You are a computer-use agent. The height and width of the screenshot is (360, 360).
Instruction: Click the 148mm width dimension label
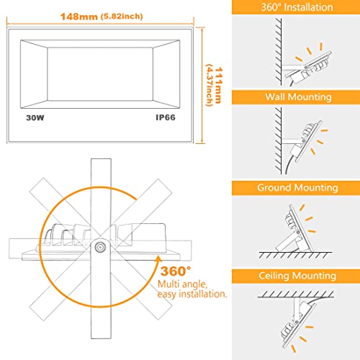coord(79,17)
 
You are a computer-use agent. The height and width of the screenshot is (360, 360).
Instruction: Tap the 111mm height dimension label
coord(218,85)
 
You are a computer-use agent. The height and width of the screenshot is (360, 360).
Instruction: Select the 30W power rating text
coord(35,117)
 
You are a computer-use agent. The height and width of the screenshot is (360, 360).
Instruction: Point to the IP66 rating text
coord(166,117)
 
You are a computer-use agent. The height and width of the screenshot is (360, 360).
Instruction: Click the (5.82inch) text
coord(122,17)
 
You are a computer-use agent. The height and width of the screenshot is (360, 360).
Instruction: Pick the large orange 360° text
coord(176,271)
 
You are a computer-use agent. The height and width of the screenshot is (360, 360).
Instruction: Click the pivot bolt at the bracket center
coord(99,247)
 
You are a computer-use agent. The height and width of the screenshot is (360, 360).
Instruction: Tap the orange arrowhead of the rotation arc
coord(158,259)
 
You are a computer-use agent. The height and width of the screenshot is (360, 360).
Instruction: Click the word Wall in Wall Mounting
coord(276,97)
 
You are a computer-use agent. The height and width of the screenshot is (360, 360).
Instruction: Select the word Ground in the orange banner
coord(273,188)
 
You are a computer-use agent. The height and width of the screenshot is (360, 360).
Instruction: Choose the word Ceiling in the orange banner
coord(274,276)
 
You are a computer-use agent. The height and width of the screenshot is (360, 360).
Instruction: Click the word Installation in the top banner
coord(308,7)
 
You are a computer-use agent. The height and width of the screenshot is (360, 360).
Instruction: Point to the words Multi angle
coord(182,284)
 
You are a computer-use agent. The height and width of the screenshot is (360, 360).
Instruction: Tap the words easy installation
coord(192,294)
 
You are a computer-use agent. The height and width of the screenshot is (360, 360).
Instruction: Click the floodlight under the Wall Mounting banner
coord(304,142)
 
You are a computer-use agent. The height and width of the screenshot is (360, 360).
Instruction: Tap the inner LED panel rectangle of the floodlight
coord(100,74)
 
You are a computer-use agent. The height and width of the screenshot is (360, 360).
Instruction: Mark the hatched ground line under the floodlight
coord(295,255)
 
